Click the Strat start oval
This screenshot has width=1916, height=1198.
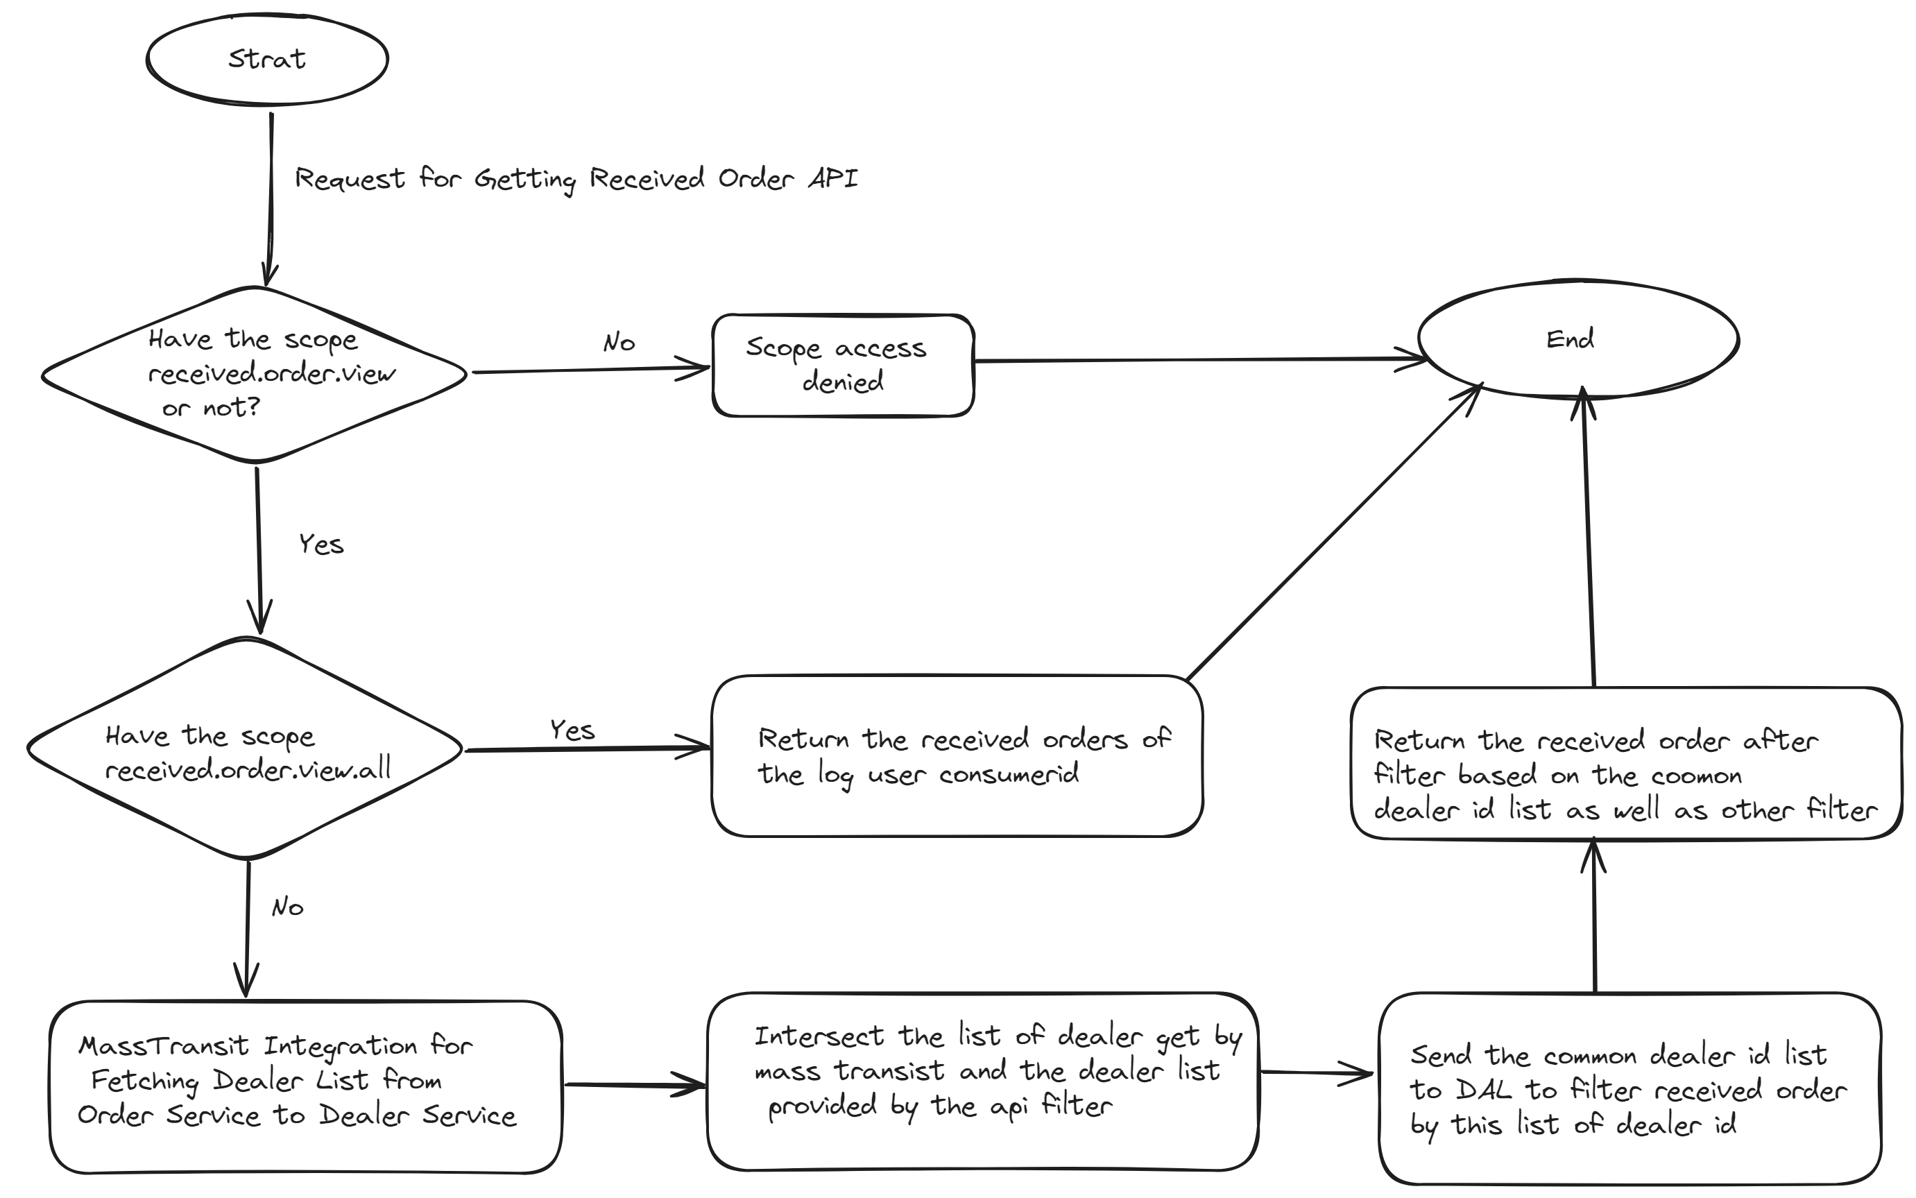(267, 60)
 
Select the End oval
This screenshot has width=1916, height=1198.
(1577, 339)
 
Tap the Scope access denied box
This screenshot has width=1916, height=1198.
(842, 366)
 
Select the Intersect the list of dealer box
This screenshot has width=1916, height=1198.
(982, 1081)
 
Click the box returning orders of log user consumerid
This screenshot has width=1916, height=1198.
(957, 757)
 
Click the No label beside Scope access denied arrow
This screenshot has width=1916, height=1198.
(619, 342)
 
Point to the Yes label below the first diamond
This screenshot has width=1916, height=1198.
(321, 545)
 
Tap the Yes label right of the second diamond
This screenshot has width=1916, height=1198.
(572, 730)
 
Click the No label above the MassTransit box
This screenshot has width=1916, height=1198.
(287, 907)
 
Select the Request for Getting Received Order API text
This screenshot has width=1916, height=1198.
(576, 179)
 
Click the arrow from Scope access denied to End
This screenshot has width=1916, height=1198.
(1197, 360)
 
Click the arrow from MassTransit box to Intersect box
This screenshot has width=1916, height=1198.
(634, 1084)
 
